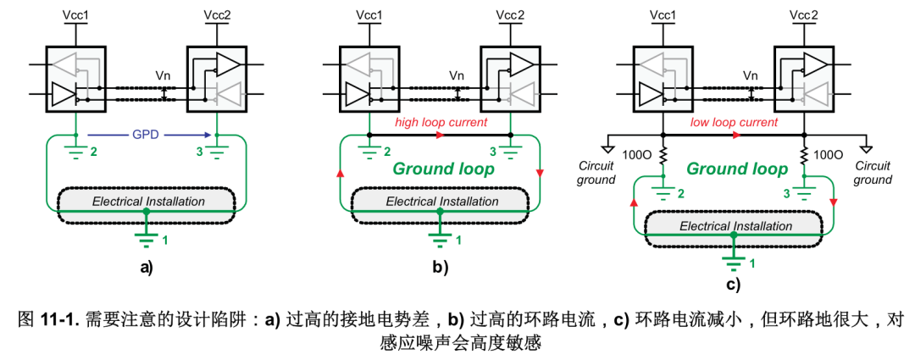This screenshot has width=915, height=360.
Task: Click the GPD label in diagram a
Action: coord(147,133)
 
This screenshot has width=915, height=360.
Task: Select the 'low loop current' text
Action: coord(733,123)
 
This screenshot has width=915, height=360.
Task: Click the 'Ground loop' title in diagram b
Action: coord(441,169)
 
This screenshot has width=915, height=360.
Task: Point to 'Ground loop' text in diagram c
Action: coord(735,169)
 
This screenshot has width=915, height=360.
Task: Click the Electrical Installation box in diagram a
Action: coord(147,202)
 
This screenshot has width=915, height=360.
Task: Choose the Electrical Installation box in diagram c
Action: coord(735,226)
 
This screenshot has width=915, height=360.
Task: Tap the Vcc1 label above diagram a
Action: coord(76,14)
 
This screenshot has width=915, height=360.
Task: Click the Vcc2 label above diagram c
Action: coord(804,14)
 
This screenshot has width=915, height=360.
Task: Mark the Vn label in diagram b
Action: coord(457,75)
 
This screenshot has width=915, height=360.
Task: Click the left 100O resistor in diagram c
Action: coord(663,157)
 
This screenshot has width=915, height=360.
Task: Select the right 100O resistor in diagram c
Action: coord(804,157)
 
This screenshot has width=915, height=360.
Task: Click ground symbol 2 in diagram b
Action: coord(369,152)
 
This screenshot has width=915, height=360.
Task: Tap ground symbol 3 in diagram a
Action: coord(218,152)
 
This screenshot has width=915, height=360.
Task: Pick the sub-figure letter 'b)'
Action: coord(441,269)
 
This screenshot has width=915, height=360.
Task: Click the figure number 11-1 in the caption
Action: coord(58,320)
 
